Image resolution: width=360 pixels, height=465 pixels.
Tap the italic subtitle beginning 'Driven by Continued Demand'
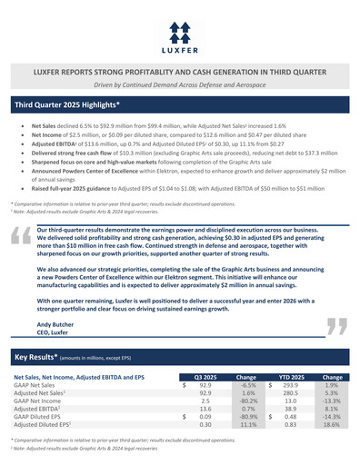pos(179,84)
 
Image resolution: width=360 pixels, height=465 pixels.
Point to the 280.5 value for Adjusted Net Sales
pos(290,391)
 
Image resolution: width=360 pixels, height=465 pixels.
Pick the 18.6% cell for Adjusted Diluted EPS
pos(332,423)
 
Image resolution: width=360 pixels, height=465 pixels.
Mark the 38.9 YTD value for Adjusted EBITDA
pos(292,407)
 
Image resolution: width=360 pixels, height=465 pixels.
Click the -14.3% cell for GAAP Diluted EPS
pos(331,415)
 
